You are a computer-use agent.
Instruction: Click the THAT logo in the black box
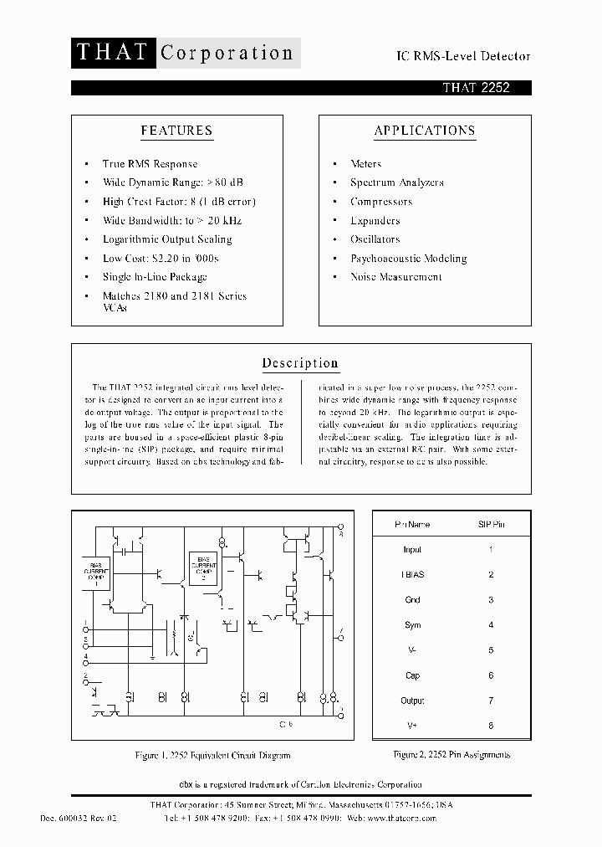tap(110, 53)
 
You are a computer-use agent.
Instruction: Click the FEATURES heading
tap(176, 131)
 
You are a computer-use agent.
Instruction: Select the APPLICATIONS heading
tap(425, 131)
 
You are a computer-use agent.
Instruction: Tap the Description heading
tap(300, 363)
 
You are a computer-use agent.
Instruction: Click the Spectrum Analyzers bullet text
tap(396, 182)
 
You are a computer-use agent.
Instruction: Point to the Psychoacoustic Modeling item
tap(408, 258)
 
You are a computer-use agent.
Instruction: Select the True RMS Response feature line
tap(150, 164)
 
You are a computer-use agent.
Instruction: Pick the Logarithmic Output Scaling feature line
tap(167, 239)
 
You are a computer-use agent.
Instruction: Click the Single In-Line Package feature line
tap(155, 277)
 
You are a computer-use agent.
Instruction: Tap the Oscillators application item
tap(375, 239)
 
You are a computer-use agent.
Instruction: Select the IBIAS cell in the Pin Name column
tap(412, 575)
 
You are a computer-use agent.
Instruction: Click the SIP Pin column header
tap(491, 524)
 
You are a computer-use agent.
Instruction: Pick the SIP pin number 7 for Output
tap(491, 701)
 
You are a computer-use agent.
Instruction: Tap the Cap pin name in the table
tap(412, 675)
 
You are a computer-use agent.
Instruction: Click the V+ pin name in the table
tap(412, 726)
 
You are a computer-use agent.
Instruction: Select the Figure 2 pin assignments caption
tap(451, 754)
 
